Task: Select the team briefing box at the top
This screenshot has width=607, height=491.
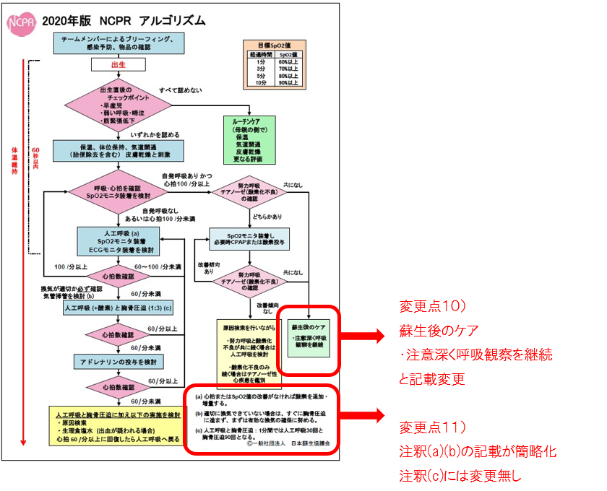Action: coord(117,42)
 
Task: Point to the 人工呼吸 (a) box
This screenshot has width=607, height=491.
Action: coord(119,240)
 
